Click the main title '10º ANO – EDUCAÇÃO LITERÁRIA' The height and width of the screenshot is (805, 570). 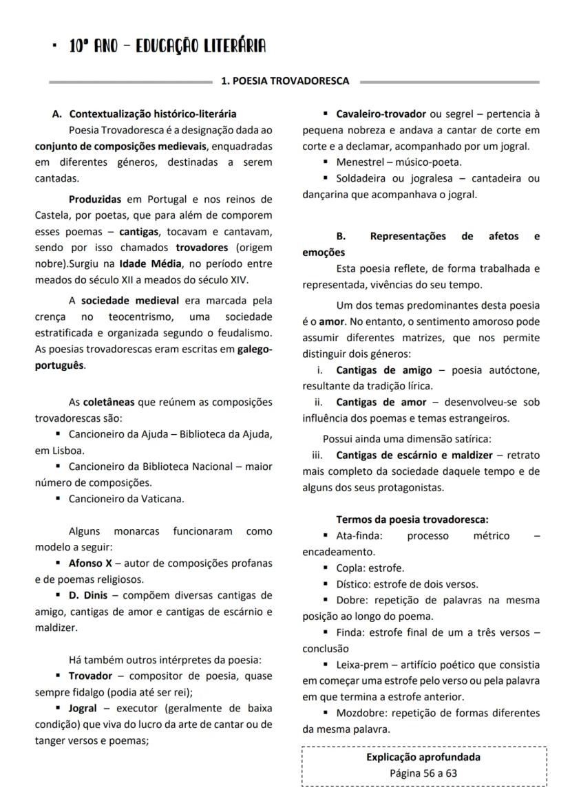tap(167, 46)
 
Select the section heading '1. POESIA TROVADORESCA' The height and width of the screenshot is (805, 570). tap(284, 81)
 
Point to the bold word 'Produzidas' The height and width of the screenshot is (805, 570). tap(94, 200)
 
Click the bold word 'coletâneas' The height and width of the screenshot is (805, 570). tap(108, 402)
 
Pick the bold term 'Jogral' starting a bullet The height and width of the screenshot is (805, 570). tap(83, 708)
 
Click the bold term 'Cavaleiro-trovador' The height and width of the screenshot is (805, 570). tap(381, 114)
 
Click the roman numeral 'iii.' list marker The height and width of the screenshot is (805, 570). tap(317, 455)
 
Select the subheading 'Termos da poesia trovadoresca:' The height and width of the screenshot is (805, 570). tap(412, 519)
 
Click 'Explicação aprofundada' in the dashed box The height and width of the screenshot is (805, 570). tap(423, 758)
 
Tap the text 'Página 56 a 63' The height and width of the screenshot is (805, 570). tap(423, 773)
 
